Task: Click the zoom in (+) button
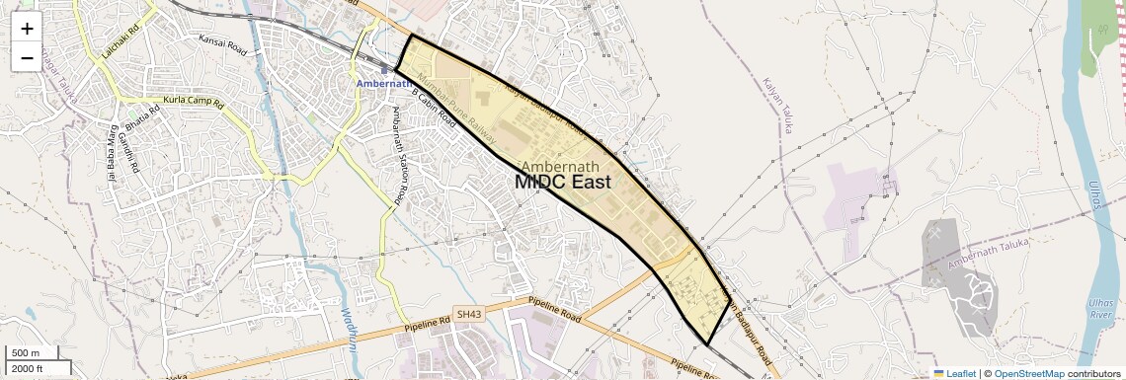point(27,28)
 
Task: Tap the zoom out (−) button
point(27,57)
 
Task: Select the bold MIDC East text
point(563,183)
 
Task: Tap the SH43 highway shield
point(468,315)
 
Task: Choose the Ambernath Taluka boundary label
point(988,253)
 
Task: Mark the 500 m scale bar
point(27,353)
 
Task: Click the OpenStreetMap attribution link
point(1029,373)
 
